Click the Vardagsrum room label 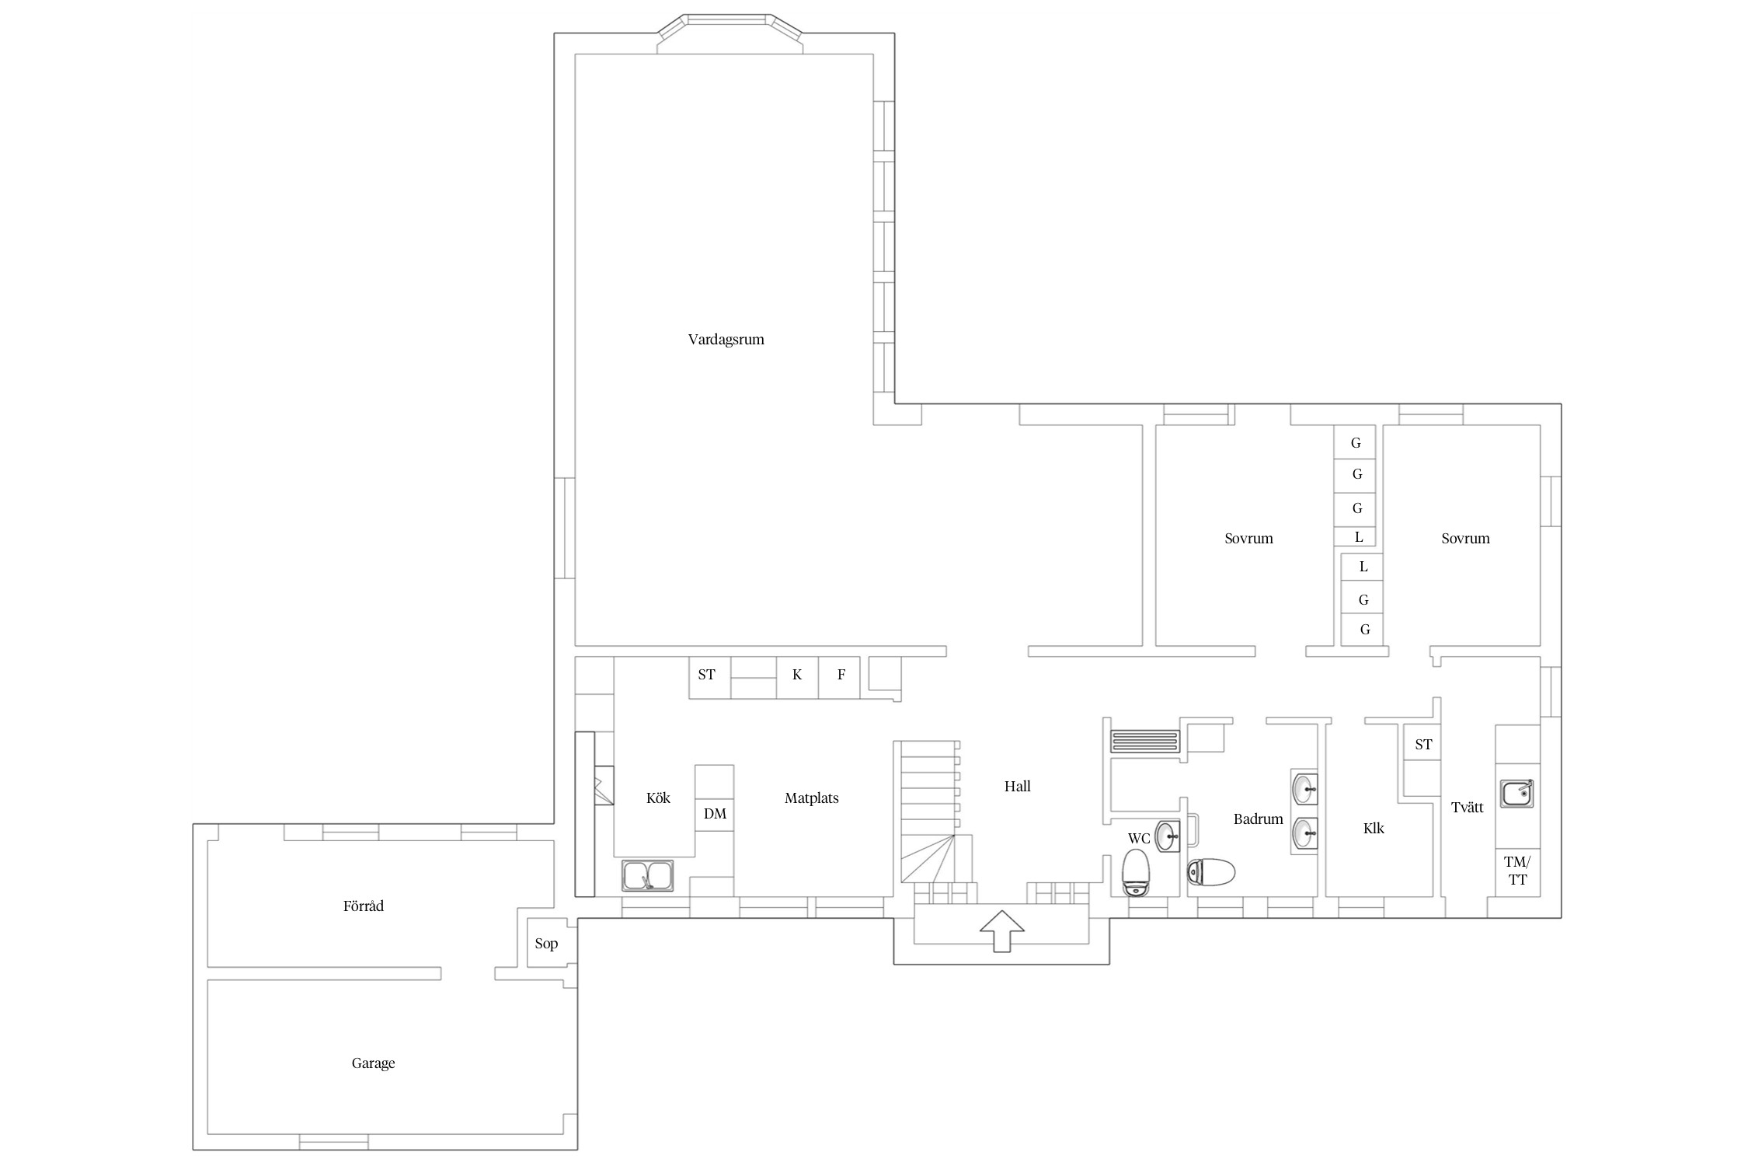click(x=726, y=340)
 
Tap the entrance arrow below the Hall click(x=1001, y=930)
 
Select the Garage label click(x=373, y=1063)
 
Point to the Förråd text click(x=364, y=906)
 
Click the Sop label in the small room click(x=546, y=944)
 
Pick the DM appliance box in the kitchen click(x=715, y=814)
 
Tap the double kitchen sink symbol click(x=648, y=875)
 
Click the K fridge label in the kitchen click(x=797, y=675)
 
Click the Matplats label click(x=811, y=798)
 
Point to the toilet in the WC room click(x=1136, y=872)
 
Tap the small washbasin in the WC click(x=1168, y=836)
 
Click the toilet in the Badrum click(x=1211, y=872)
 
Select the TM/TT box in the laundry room click(x=1517, y=871)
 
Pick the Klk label click(x=1374, y=829)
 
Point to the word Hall click(x=1017, y=787)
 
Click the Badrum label click(x=1258, y=819)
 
